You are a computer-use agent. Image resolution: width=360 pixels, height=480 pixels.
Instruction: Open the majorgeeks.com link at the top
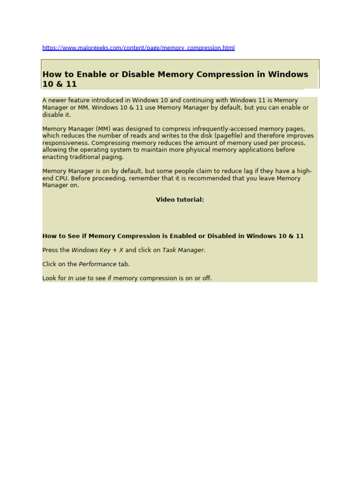(138, 48)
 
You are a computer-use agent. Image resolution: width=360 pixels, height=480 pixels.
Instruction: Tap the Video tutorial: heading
(180, 200)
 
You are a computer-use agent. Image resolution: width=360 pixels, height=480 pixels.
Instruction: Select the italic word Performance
(97, 264)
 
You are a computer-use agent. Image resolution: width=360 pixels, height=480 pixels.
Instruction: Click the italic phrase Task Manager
(183, 250)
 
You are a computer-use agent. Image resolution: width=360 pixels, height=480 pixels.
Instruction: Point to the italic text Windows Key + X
(97, 250)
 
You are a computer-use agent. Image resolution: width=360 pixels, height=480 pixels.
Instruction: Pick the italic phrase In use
(77, 278)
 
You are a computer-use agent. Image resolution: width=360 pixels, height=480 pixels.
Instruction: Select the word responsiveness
(66, 143)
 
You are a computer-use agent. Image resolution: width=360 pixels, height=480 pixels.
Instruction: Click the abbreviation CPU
(62, 179)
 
